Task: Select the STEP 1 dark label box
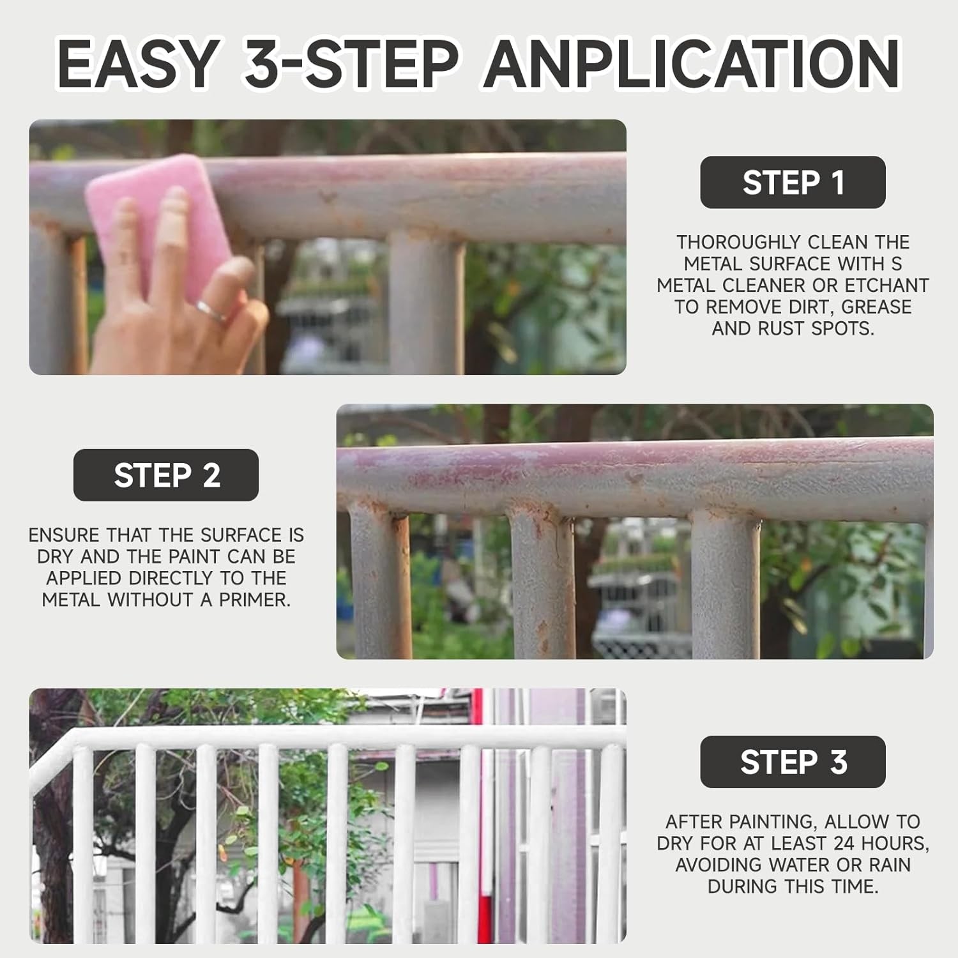coord(793,182)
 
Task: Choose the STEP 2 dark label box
coord(166,475)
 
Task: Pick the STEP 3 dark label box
coord(793,762)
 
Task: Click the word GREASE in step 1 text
coord(876,307)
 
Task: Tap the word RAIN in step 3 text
coord(888,865)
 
